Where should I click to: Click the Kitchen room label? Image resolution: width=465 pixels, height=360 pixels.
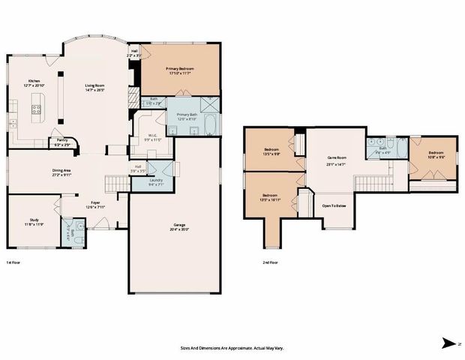tap(34, 81)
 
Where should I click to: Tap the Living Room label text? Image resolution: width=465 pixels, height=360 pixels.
tap(94, 85)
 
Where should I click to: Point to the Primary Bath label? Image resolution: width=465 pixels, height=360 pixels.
tap(187, 114)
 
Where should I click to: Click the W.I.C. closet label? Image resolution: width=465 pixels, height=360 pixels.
tap(152, 135)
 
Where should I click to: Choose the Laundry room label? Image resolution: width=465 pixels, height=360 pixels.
tap(156, 179)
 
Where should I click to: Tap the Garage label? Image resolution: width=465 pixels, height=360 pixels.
tap(177, 225)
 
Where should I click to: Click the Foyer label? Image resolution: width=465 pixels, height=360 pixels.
tap(95, 202)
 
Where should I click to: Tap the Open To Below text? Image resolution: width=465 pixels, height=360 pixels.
tap(334, 205)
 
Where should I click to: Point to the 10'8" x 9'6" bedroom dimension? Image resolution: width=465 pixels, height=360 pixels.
tap(436, 157)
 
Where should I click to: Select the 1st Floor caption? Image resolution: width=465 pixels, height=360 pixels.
tap(13, 262)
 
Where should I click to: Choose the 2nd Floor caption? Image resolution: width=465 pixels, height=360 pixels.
tap(269, 262)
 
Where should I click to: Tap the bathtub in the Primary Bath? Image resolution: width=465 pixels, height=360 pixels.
tap(210, 124)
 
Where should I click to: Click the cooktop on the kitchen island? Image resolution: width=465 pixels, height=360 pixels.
tap(34, 112)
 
